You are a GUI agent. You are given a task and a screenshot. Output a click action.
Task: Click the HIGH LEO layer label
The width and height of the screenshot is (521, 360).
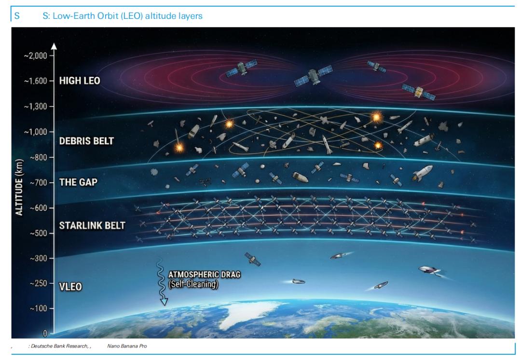(x=80, y=81)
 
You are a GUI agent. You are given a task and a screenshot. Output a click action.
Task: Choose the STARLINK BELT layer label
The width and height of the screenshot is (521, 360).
(x=91, y=225)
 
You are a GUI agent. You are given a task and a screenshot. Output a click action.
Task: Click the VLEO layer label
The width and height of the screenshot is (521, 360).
(x=70, y=287)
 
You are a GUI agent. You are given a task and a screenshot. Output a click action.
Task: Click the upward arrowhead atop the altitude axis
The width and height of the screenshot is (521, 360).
(x=54, y=46)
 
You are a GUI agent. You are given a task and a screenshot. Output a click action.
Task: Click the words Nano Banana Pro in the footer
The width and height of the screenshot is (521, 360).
(x=128, y=346)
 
